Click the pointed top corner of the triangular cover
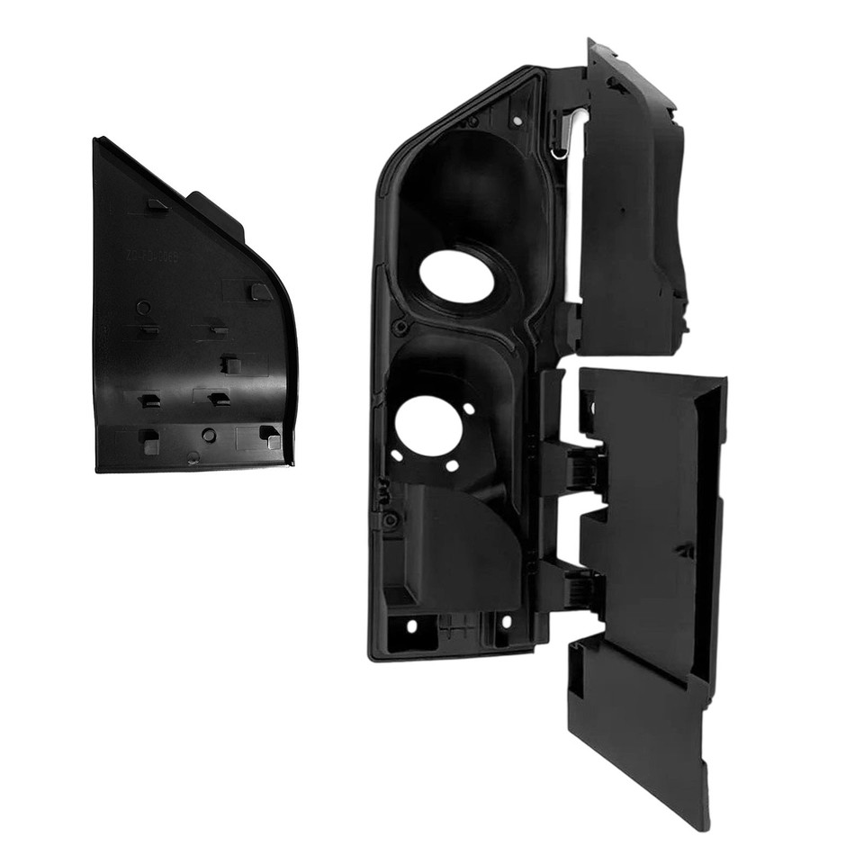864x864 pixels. (96, 139)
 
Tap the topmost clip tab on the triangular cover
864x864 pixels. (157, 204)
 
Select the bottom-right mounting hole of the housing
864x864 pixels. (505, 624)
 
